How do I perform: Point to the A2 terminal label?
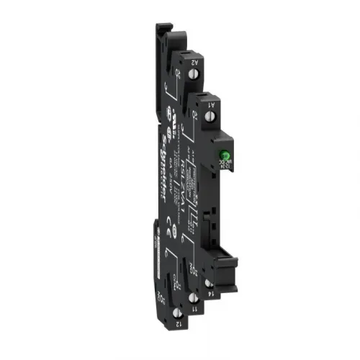tap(194, 63)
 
